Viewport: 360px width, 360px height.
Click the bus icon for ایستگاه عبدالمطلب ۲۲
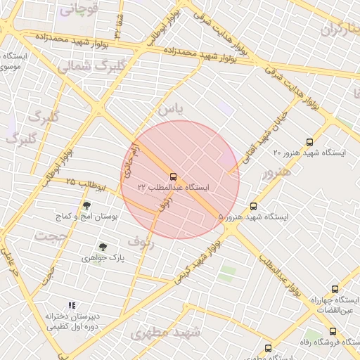pos(173,176)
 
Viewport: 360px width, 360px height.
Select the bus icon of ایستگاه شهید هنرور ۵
pos(254,206)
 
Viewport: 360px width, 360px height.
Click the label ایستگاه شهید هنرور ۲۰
pos(310,153)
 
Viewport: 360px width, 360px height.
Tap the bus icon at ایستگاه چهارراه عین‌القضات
pos(335,289)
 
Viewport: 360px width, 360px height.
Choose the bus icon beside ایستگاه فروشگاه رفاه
pos(333,331)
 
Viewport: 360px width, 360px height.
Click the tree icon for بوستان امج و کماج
pos(86,206)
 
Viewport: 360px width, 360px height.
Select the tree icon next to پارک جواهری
pos(103,247)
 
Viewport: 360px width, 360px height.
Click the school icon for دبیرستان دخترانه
pos(71,305)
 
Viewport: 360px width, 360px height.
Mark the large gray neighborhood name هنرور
pos(275,174)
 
